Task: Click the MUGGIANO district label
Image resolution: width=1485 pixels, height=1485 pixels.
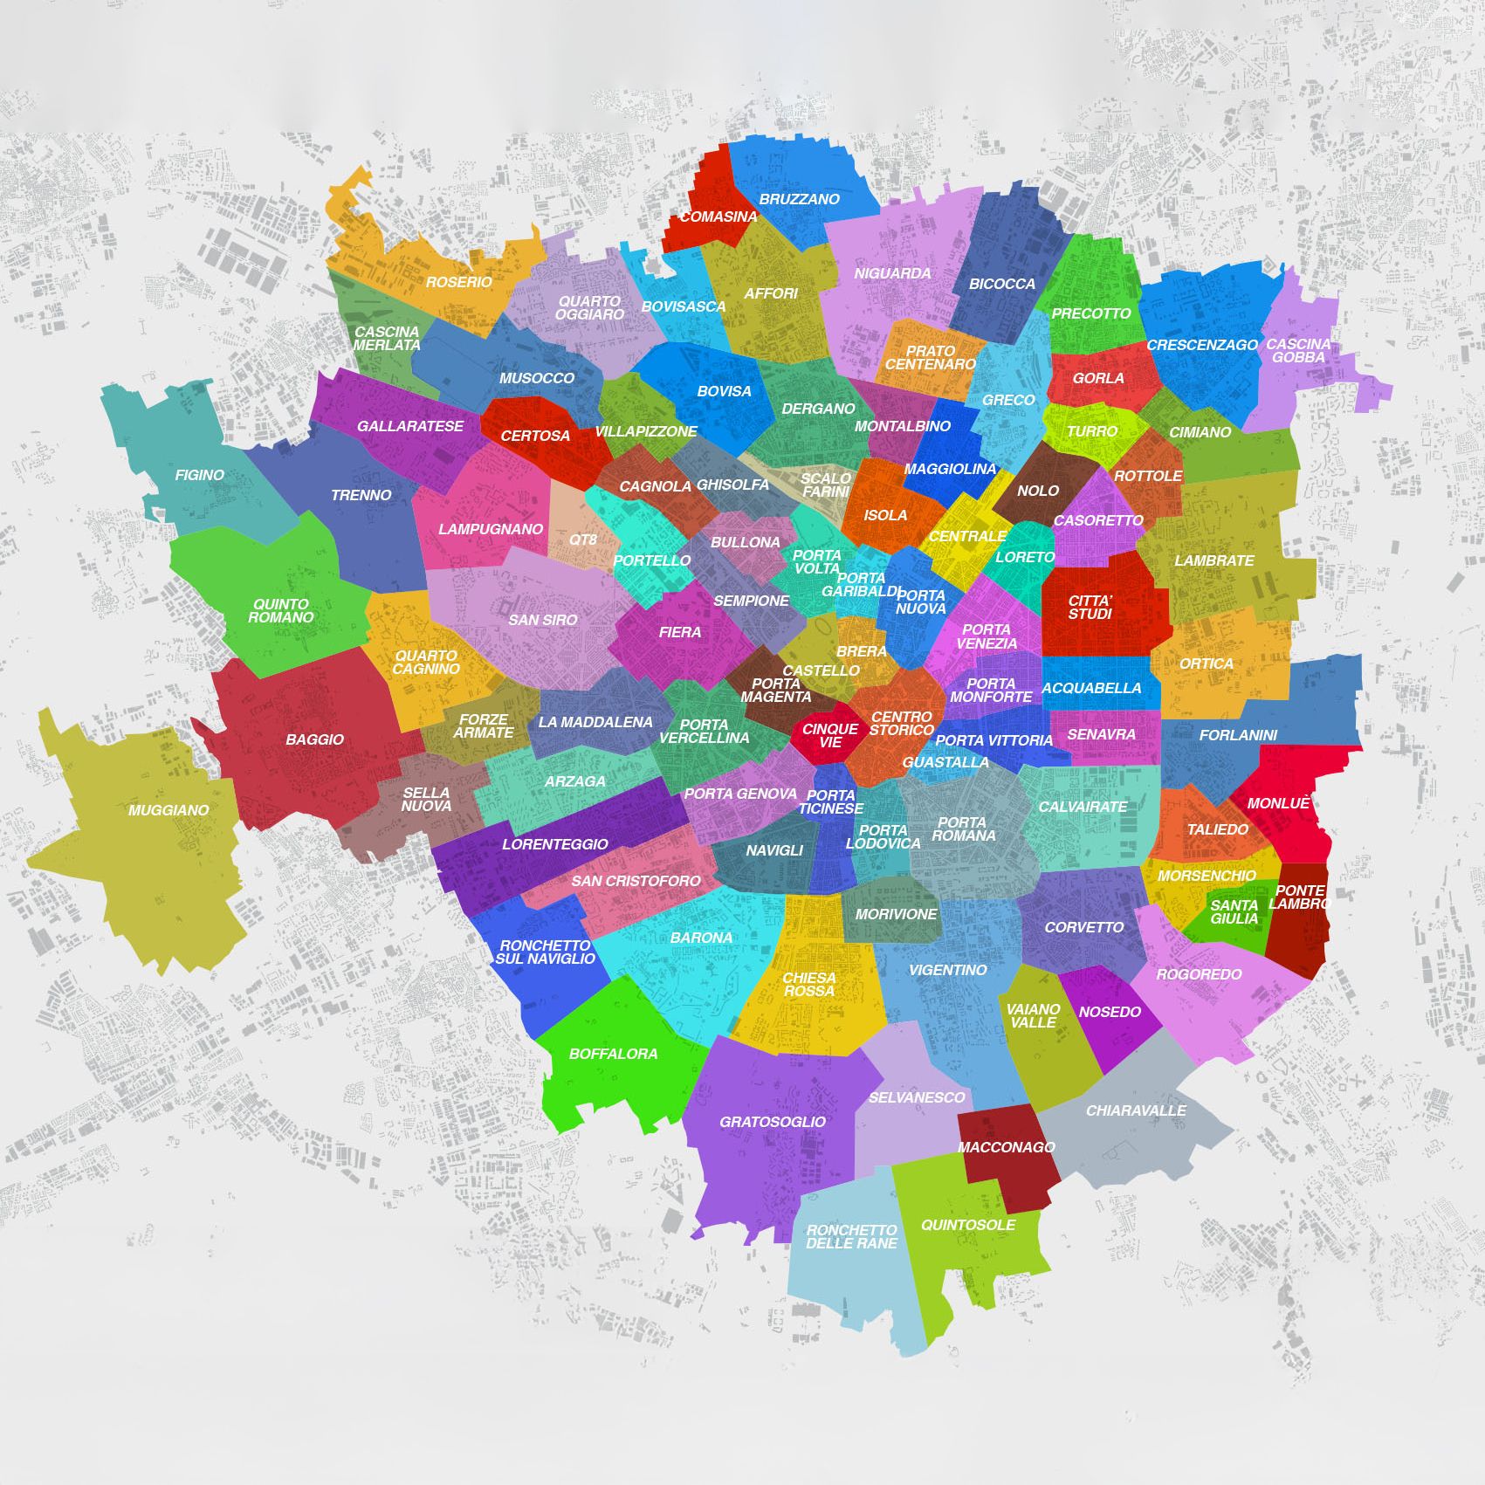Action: pos(168,810)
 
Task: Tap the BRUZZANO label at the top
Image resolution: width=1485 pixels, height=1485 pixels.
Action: pos(799,199)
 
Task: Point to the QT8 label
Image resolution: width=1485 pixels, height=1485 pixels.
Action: pos(582,540)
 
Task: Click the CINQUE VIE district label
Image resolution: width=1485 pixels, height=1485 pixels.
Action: pos(829,735)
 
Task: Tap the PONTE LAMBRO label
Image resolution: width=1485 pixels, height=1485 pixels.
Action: pos(1299,897)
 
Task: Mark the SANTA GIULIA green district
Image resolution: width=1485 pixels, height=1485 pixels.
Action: pos(1234,912)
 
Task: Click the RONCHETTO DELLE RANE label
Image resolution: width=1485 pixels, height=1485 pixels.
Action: pos(851,1236)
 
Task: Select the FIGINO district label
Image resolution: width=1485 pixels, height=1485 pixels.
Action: pos(199,475)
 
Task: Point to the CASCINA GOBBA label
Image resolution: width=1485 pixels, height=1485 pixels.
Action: pos(1298,350)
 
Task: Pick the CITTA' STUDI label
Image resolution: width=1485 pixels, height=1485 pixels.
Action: pos(1090,608)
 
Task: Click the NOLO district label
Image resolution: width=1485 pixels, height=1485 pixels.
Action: pos(1037,491)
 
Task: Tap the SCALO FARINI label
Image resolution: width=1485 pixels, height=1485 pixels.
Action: pos(825,485)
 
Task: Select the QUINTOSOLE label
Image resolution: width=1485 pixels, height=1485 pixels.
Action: pos(967,1225)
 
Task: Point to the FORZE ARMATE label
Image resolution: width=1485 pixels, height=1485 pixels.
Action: pos(483,726)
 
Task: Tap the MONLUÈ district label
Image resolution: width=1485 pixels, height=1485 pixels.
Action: pos(1278,803)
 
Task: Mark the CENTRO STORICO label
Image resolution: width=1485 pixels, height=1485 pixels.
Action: pos(902,723)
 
